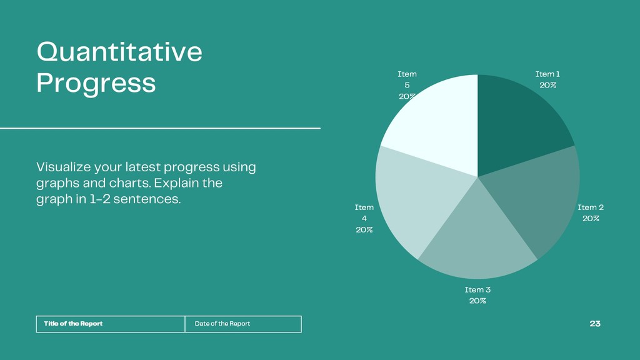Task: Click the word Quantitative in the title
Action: pos(119,51)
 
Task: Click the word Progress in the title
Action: pos(96,84)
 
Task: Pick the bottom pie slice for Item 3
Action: pos(477,241)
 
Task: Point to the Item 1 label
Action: pos(547,74)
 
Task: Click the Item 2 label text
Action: pos(590,207)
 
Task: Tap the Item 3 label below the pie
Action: pos(477,289)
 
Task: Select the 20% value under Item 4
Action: pos(364,230)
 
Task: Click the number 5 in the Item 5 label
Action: pos(407,85)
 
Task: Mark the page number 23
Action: pos(595,324)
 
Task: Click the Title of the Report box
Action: pos(111,324)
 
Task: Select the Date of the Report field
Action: pos(243,324)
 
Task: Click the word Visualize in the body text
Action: pos(63,167)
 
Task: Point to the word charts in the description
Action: pos(129,183)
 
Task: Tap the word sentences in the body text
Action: pos(147,199)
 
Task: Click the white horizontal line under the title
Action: pos(160,128)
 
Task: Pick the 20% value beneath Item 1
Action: pos(547,85)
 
